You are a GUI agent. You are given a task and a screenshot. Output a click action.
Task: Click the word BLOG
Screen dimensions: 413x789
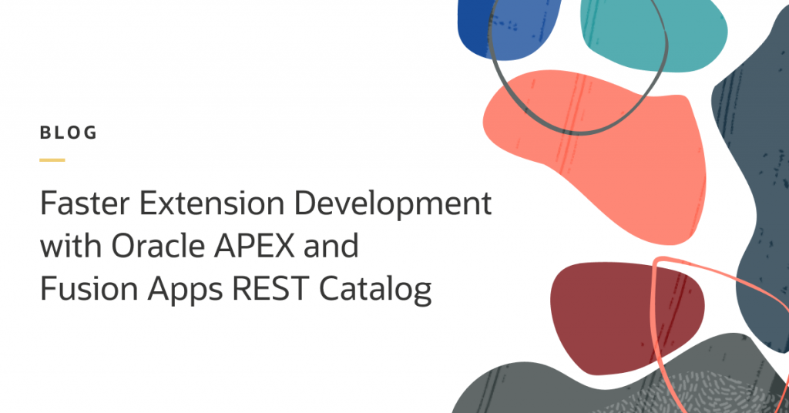[69, 133]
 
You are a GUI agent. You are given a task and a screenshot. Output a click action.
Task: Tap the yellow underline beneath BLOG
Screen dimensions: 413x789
[52, 159]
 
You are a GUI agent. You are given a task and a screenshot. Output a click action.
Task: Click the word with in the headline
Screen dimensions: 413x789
[69, 247]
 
